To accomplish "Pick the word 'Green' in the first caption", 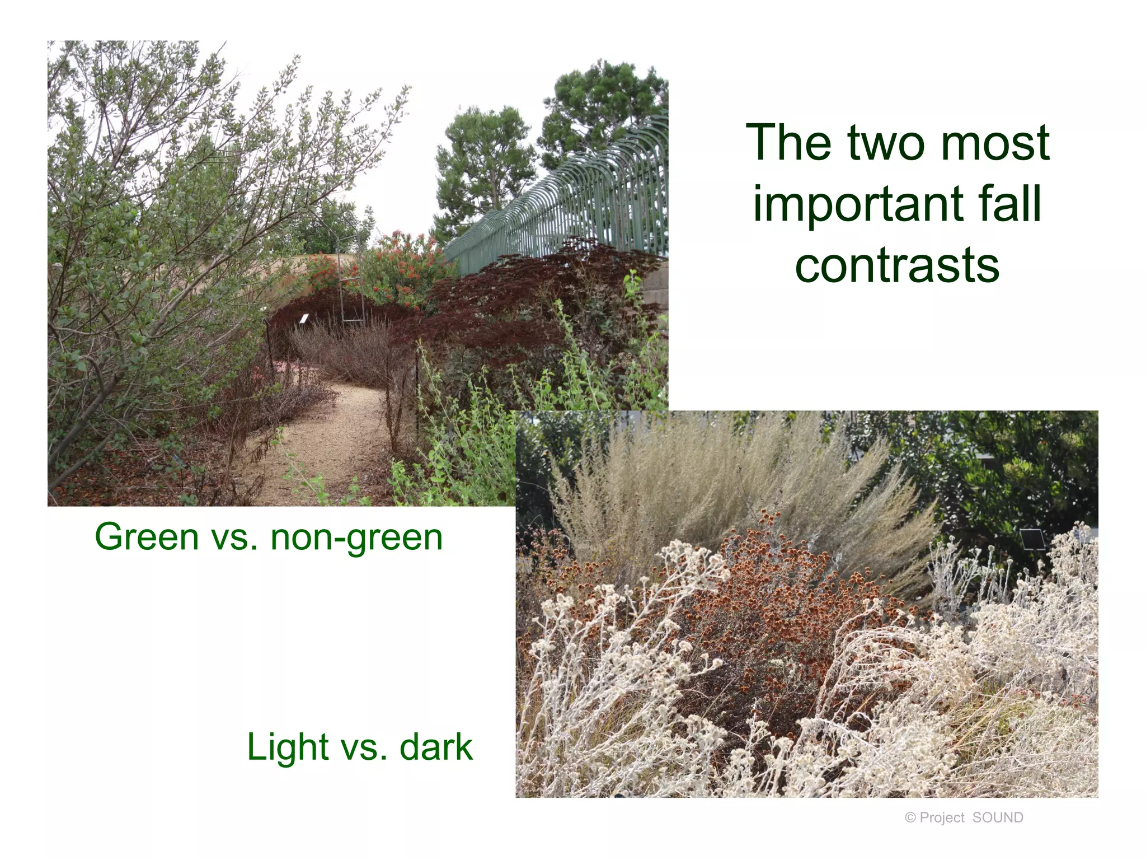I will [x=147, y=537].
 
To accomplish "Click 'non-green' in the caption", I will [x=356, y=538].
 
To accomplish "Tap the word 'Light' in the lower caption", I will [x=288, y=748].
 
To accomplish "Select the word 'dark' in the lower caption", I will [x=436, y=747].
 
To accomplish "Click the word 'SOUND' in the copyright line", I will [x=998, y=818].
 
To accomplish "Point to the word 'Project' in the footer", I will [x=942, y=818].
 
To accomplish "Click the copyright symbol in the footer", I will [x=910, y=818].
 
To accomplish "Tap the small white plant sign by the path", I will [x=304, y=319].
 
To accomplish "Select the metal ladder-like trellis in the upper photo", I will [x=351, y=280].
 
